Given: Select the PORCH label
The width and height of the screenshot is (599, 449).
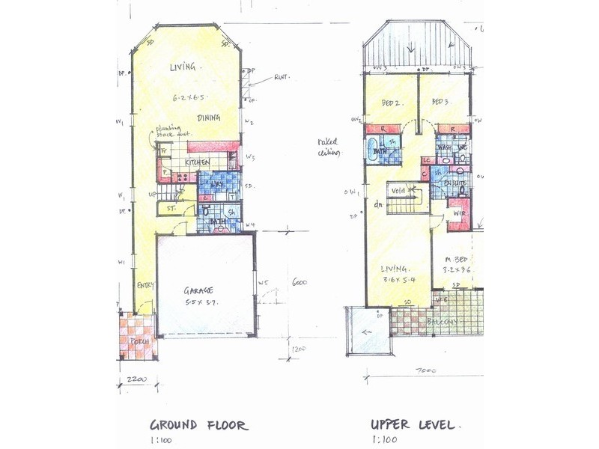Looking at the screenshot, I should [x=136, y=342].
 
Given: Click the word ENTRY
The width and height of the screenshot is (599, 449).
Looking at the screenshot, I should [x=145, y=285].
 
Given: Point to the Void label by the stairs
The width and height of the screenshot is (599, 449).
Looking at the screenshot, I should [x=398, y=190].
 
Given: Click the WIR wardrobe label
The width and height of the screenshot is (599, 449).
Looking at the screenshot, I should [x=460, y=214].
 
